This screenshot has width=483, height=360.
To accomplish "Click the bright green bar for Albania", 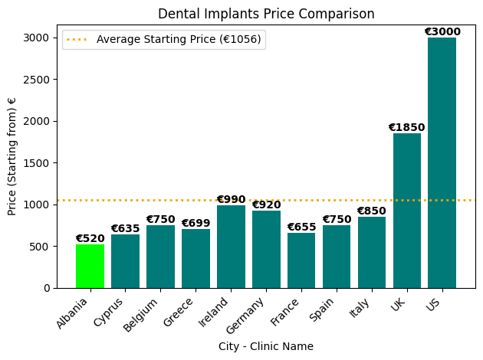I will (90, 266).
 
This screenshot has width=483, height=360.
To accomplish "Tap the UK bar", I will (407, 211).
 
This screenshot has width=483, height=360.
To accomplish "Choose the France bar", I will (301, 260).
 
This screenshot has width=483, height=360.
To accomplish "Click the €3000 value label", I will (442, 32).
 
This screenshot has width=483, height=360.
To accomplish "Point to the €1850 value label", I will (406, 128).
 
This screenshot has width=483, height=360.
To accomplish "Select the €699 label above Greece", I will (195, 224).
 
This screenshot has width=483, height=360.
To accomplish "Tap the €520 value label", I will (90, 239).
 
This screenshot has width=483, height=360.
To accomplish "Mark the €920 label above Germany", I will (266, 205).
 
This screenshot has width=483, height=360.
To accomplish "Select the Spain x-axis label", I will (321, 309).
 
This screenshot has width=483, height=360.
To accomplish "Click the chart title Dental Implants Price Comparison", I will (266, 14).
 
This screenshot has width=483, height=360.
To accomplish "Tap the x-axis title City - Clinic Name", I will (266, 347).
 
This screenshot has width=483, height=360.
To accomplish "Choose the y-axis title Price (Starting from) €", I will (12, 156).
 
